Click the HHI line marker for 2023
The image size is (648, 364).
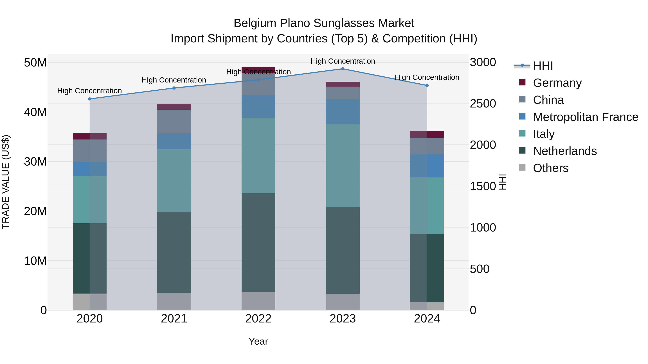click(343, 69)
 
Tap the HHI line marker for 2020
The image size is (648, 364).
click(90, 99)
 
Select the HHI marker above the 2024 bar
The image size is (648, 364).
click(427, 85)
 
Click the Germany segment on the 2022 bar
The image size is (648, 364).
click(258, 69)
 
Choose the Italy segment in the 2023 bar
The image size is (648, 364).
click(343, 166)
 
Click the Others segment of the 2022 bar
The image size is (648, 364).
click(258, 301)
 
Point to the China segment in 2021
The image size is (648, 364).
click(174, 121)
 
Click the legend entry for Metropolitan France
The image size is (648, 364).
click(585, 117)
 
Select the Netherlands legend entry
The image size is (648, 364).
click(565, 151)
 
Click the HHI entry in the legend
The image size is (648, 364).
click(543, 66)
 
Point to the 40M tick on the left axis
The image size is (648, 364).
click(35, 112)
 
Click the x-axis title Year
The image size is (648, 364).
click(258, 341)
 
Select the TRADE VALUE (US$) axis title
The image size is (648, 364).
click(6, 182)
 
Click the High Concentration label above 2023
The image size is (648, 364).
click(343, 61)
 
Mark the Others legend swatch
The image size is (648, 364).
click(522, 168)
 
